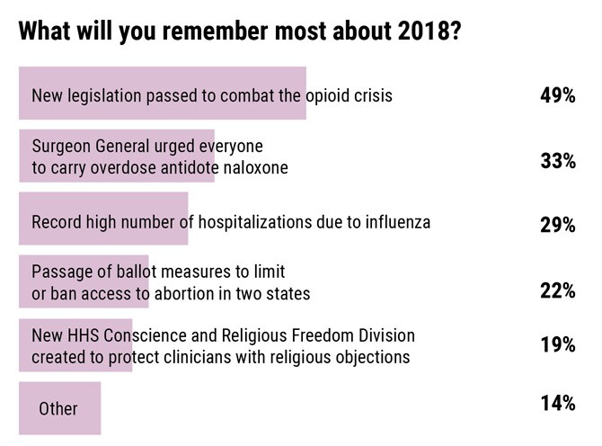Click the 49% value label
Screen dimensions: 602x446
(557, 95)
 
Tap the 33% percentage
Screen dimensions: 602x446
(558, 161)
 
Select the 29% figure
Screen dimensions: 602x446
(557, 225)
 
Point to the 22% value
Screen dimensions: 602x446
(557, 290)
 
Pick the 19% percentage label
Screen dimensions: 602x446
(558, 344)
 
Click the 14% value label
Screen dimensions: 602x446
(558, 403)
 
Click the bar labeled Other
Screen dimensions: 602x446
(60, 408)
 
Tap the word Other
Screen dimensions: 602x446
(58, 409)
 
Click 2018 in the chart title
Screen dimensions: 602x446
(422, 31)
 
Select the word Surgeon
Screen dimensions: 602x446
(61, 147)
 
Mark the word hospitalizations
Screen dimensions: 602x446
(255, 223)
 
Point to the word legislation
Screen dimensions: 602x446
(104, 96)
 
